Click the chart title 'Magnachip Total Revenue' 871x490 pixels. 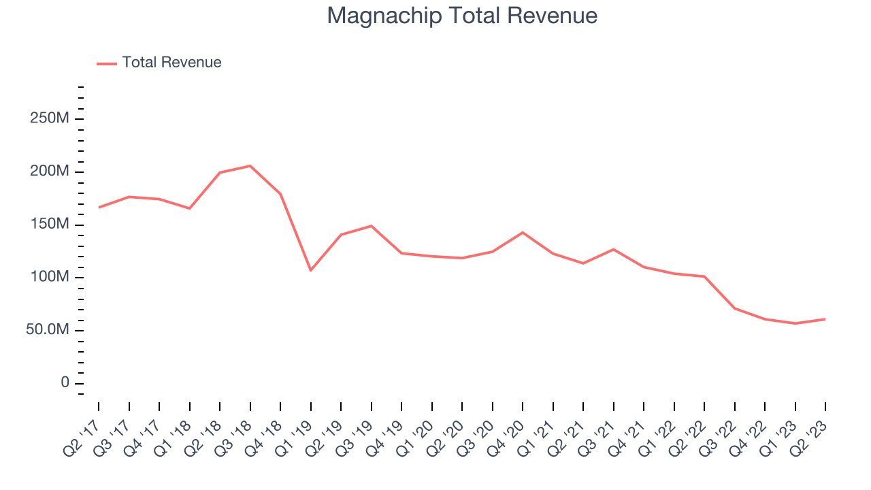tap(462, 16)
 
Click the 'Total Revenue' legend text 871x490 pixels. tap(171, 63)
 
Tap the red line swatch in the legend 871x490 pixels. tap(107, 63)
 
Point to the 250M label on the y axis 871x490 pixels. tap(49, 118)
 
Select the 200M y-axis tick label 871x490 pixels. tap(49, 171)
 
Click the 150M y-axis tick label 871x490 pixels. tap(49, 225)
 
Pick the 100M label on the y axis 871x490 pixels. tap(49, 277)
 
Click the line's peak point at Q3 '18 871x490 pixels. tap(250, 166)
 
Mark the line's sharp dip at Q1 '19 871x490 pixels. tap(311, 270)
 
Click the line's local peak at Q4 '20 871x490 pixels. tap(523, 233)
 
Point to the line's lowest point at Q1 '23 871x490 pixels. tap(795, 323)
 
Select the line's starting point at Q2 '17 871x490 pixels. tap(99, 208)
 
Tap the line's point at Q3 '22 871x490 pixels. tap(734, 308)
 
